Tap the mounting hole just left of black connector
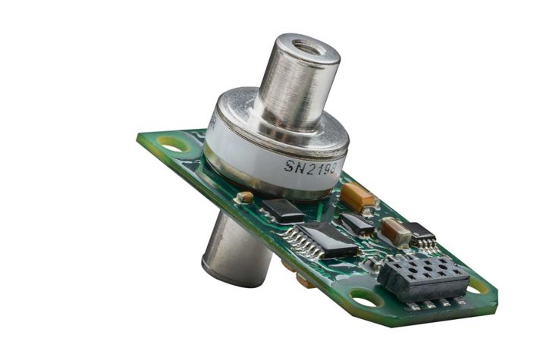366,299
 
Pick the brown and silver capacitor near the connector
395,230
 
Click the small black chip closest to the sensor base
283,209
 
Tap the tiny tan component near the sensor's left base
243,197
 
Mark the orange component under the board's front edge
303,281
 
